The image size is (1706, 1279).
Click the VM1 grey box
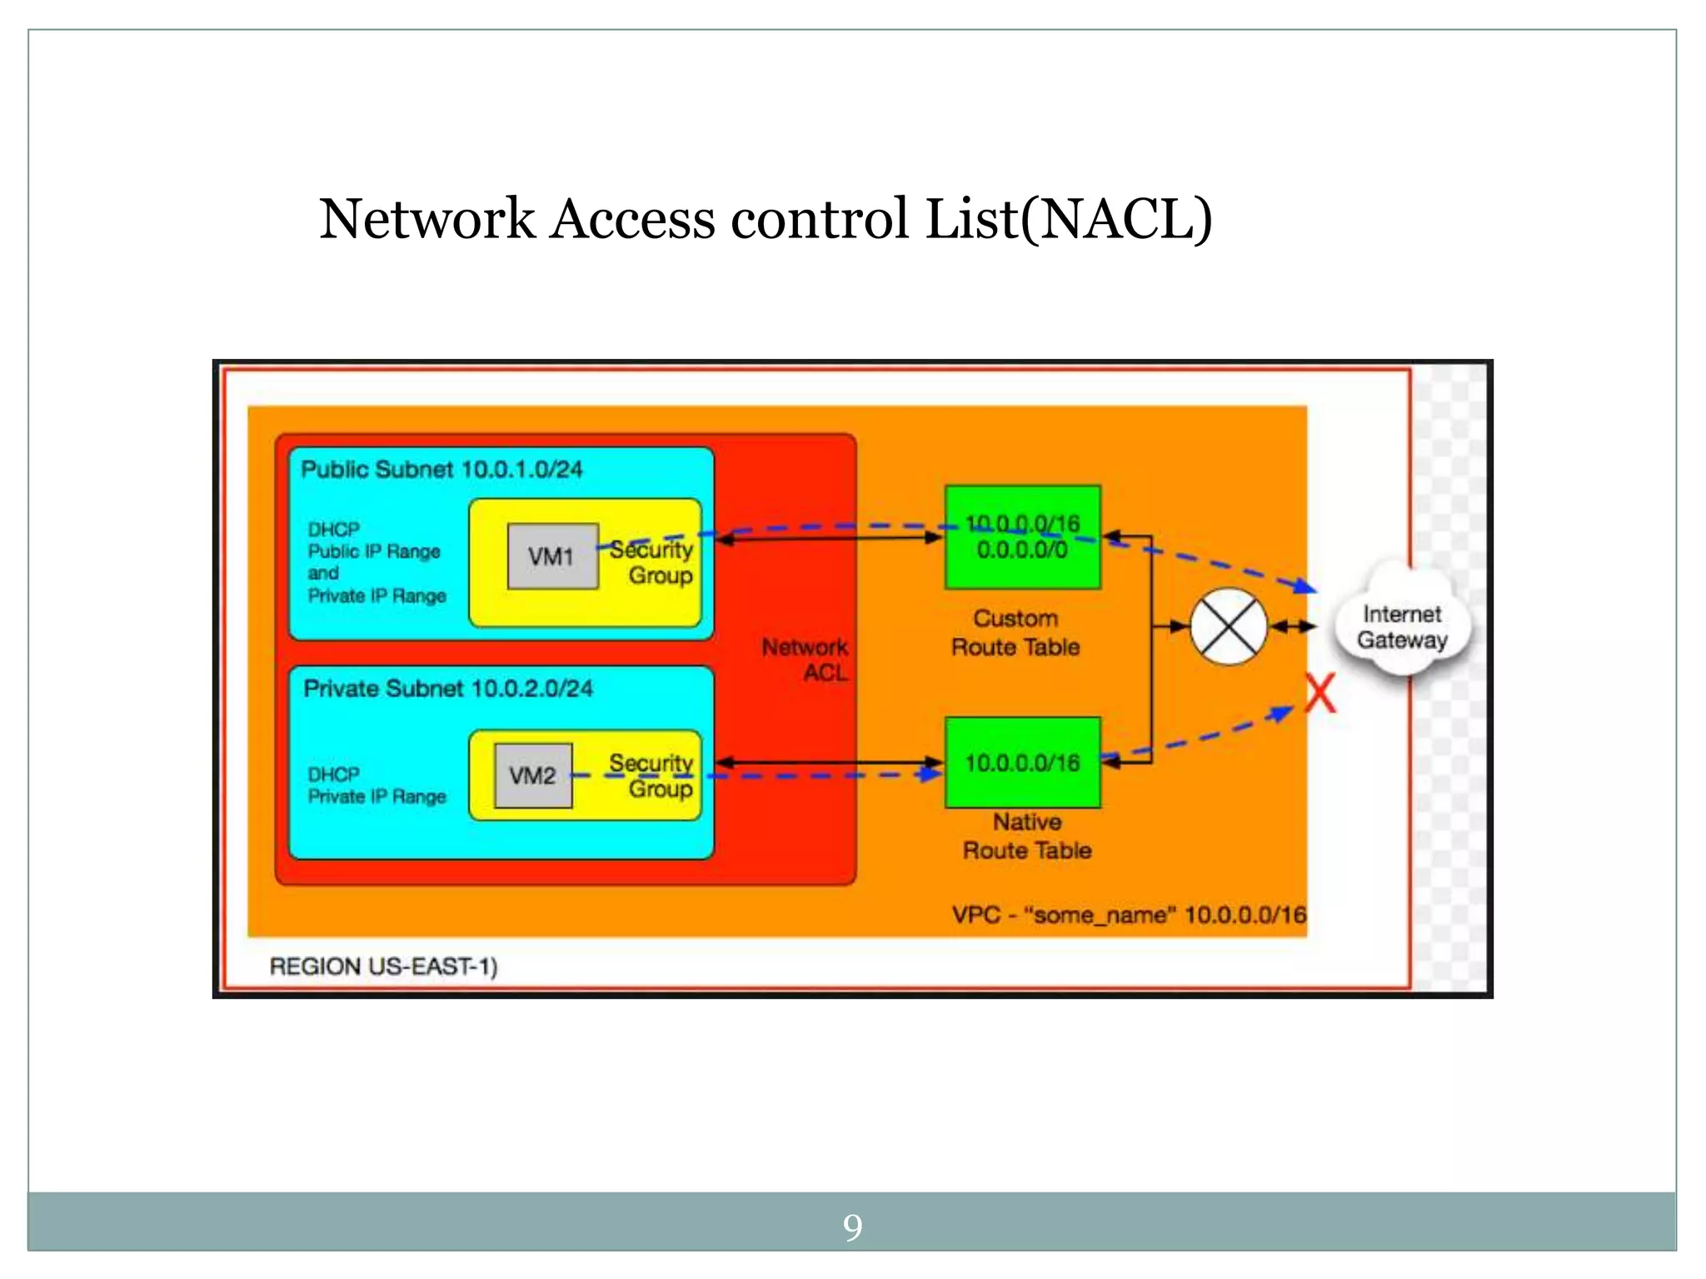click(552, 556)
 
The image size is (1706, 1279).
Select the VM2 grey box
click(533, 775)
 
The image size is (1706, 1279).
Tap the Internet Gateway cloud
click(1402, 626)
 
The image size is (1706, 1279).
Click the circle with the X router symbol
click(1228, 626)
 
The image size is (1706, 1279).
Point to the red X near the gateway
click(1319, 693)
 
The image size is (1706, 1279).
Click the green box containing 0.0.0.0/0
click(1022, 538)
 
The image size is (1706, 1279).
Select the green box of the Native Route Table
click(1022, 762)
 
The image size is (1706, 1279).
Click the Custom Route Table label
click(1015, 633)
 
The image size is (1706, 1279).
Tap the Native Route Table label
click(1027, 836)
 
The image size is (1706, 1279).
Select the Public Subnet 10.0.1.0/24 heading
click(441, 470)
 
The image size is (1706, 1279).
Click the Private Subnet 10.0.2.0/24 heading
click(448, 689)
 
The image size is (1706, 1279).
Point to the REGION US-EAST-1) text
click(383, 966)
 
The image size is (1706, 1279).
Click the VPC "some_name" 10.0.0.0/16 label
click(1129, 915)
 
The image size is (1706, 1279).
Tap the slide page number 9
click(852, 1227)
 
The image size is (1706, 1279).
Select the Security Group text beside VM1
click(652, 562)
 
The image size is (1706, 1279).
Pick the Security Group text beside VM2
click(652, 775)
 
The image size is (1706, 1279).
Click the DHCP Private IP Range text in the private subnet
click(377, 785)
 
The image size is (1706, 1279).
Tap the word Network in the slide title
click(426, 219)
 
